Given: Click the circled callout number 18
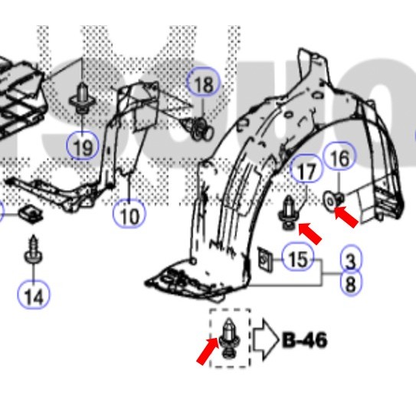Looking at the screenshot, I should pyautogui.click(x=203, y=84).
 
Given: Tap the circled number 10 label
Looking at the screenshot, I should pyautogui.click(x=129, y=215).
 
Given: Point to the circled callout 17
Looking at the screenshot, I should pyautogui.click(x=306, y=172).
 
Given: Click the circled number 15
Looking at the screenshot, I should pyautogui.click(x=298, y=259).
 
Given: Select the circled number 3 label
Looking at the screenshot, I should pyautogui.click(x=350, y=260).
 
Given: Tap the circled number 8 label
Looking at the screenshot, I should pyautogui.click(x=350, y=284).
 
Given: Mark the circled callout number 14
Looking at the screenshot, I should pyautogui.click(x=34, y=294).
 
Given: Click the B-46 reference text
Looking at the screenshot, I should pyautogui.click(x=305, y=339).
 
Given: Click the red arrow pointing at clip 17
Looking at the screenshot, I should pyautogui.click(x=310, y=231).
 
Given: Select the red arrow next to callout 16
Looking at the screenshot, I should pyautogui.click(x=346, y=218).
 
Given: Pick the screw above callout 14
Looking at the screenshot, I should pyautogui.click(x=34, y=252).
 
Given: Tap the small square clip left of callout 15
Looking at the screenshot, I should pyautogui.click(x=264, y=260).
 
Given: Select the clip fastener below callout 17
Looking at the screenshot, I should pyautogui.click(x=289, y=211).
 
